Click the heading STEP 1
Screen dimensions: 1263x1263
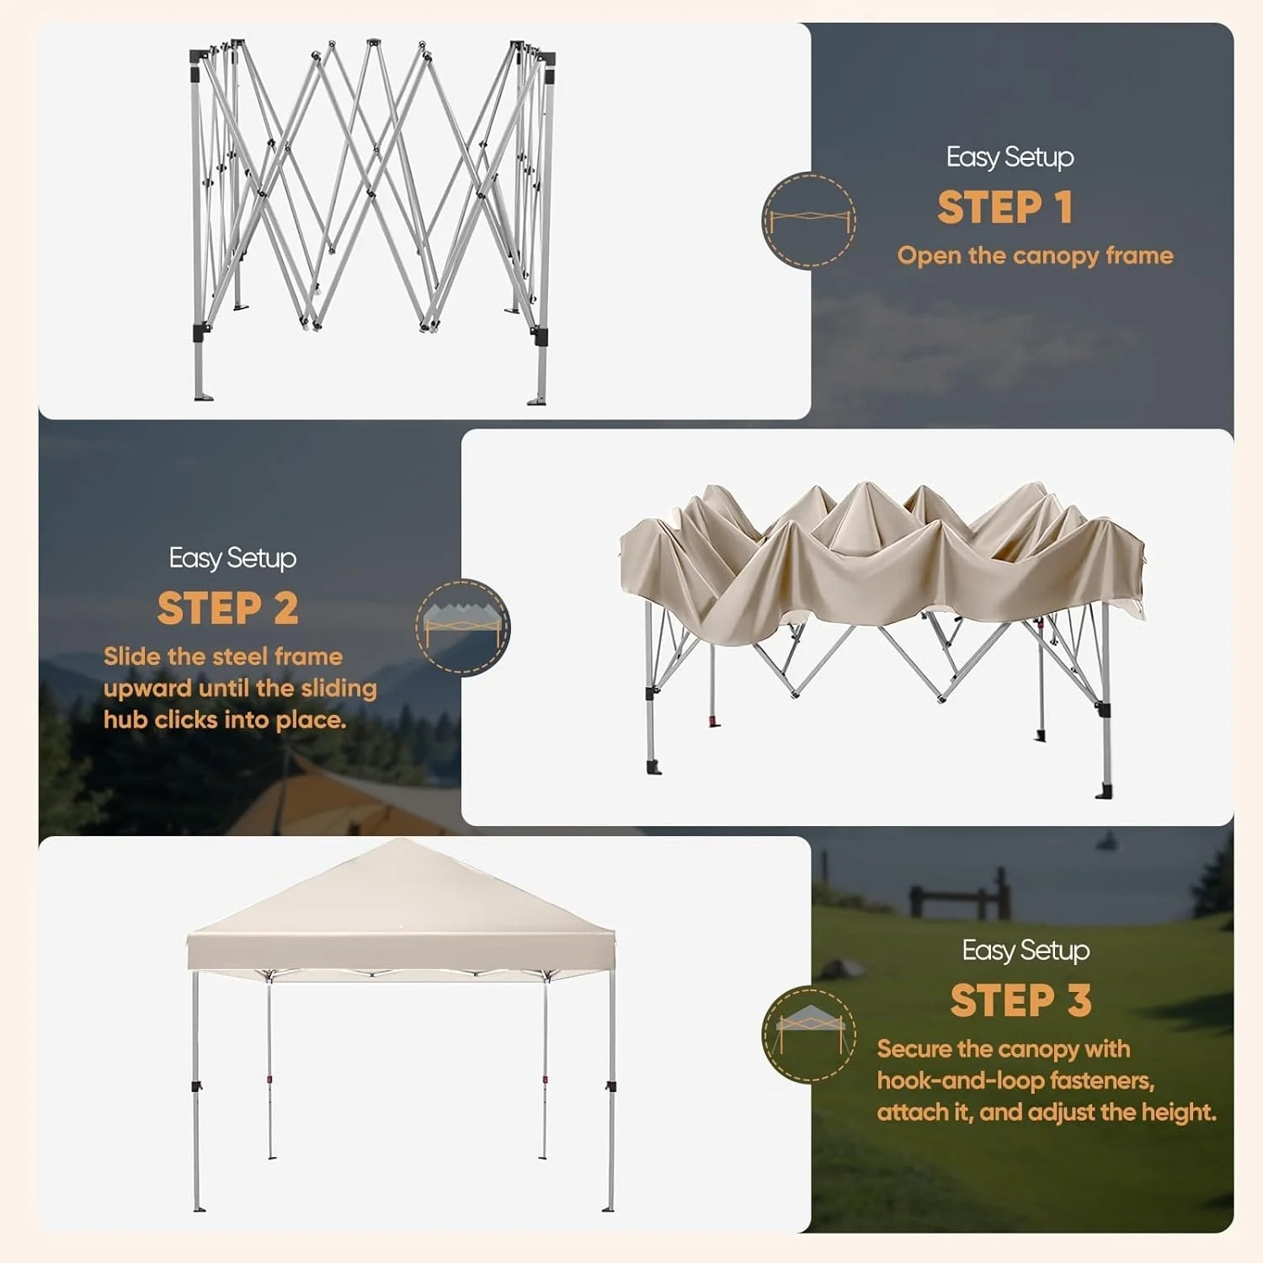click(1005, 207)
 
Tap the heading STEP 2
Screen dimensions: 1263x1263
click(227, 608)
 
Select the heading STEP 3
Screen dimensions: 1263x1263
click(1021, 1001)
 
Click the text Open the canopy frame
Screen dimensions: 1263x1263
click(1035, 255)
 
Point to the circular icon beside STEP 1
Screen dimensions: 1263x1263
click(809, 221)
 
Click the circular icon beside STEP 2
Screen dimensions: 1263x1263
click(462, 626)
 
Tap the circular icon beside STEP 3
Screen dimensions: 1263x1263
click(808, 1034)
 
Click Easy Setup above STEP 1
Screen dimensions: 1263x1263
click(1010, 157)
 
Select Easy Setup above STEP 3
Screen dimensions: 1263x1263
click(1026, 950)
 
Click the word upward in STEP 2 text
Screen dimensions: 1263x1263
click(147, 688)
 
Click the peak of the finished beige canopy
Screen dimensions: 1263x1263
click(402, 842)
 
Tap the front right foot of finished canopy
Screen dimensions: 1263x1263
click(608, 1208)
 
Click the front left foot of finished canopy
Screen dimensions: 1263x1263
click(199, 1208)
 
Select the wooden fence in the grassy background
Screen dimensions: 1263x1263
click(960, 898)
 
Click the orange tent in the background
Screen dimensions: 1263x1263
click(337, 800)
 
